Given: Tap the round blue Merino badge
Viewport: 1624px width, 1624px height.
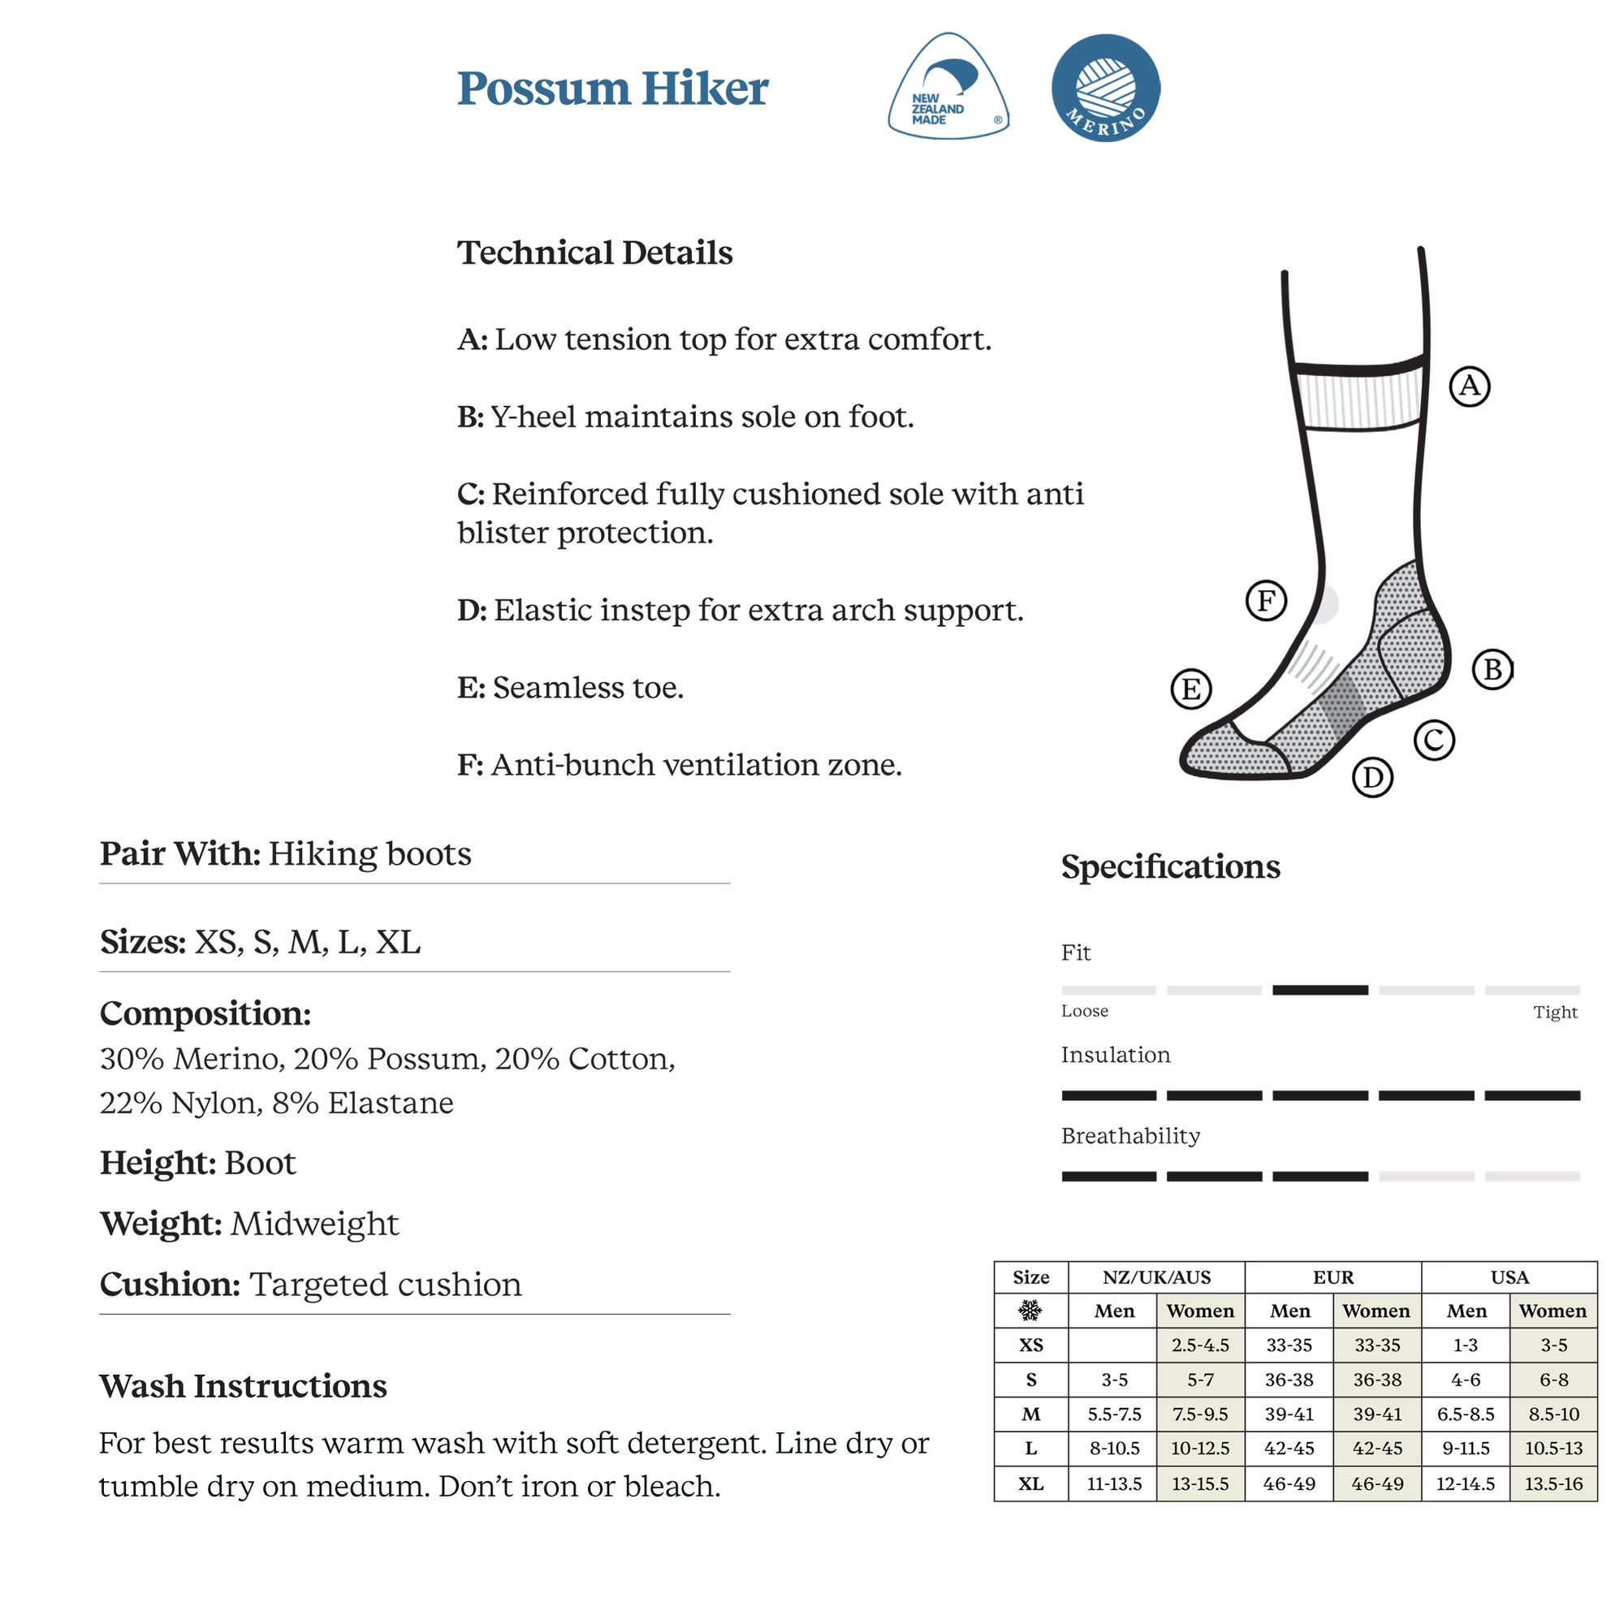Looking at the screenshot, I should pos(1105,88).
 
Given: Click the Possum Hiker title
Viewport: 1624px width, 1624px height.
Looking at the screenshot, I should pos(613,89).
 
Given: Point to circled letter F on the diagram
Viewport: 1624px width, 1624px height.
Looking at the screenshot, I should pos(1266,600).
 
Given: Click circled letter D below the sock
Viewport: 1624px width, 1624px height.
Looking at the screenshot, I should pos(1372,778).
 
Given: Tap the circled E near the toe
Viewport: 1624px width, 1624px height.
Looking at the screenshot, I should pos(1191,689).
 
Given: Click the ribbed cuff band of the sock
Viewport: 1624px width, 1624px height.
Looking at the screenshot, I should pos(1359,400).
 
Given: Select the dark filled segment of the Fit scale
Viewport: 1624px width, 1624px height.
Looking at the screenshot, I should pos(1319,990).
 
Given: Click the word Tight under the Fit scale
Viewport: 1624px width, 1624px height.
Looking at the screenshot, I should pos(1554,1012).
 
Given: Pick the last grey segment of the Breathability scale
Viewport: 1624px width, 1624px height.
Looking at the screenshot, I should pos(1532,1177).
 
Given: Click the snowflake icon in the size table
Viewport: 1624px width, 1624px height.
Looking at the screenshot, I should pos(1030,1311).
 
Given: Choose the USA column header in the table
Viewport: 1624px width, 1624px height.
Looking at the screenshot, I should pos(1509,1277).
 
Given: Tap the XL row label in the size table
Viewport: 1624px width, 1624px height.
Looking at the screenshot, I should pos(1030,1484).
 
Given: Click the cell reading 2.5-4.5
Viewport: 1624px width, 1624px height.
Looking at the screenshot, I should pos(1199,1345).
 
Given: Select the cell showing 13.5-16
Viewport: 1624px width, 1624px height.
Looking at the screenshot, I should pos(1553,1484).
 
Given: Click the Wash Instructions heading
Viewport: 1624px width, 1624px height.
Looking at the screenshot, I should pos(243,1386).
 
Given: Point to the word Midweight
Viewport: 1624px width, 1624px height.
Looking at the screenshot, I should pos(314,1224).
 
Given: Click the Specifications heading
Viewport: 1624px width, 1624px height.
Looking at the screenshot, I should pos(1170,866).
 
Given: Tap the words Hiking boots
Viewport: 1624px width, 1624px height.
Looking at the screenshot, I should pos(369,854).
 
